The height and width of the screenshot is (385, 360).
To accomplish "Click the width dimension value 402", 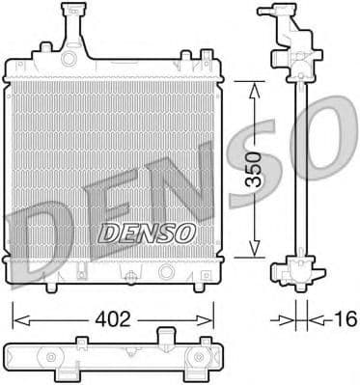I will tap(112, 316).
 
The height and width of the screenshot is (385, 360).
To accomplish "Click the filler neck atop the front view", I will tap(70, 23).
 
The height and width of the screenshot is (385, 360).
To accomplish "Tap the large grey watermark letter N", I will tap(193, 193).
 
